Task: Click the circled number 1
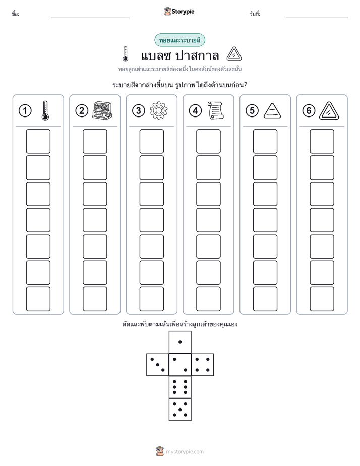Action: (x=25, y=111)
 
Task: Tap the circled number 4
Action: (x=195, y=111)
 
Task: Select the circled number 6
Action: (x=309, y=111)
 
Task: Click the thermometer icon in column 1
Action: (x=45, y=110)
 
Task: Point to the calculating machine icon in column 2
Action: (x=102, y=110)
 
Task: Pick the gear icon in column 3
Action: (x=159, y=110)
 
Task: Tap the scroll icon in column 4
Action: (x=215, y=110)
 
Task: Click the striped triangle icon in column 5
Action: (x=272, y=110)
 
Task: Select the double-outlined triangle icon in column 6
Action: (x=329, y=111)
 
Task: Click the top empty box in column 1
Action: (x=38, y=141)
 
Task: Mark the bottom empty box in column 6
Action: (x=322, y=299)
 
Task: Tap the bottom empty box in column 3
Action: (x=151, y=299)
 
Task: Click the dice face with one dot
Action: (x=180, y=342)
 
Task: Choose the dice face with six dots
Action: (x=180, y=387)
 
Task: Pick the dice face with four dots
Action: (x=203, y=365)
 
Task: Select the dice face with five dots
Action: (x=180, y=410)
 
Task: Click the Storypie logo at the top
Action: (x=179, y=12)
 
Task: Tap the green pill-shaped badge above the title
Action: (x=179, y=40)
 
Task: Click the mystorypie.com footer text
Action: (x=185, y=452)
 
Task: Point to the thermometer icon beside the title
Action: (x=126, y=54)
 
